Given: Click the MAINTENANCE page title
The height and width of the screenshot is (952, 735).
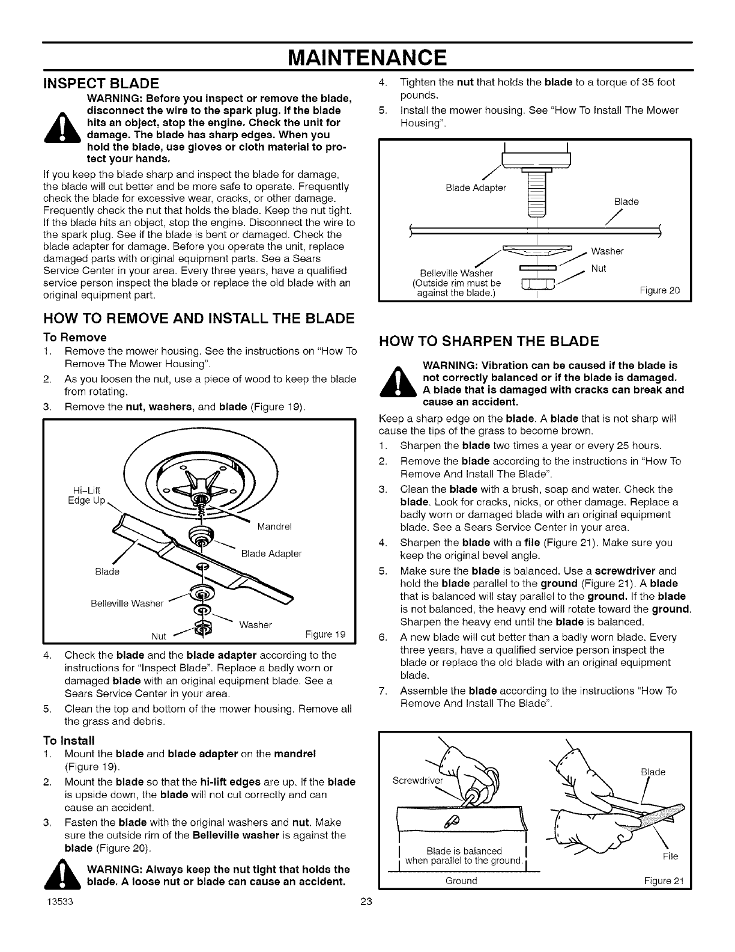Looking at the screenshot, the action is pyautogui.click(x=367, y=58).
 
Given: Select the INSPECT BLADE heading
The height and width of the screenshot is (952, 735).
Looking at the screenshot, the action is pyautogui.click(x=101, y=83).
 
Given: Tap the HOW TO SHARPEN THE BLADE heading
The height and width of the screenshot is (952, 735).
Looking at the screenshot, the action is pyautogui.click(x=489, y=341).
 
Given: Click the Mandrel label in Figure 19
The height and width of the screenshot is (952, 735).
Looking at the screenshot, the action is pyautogui.click(x=274, y=527).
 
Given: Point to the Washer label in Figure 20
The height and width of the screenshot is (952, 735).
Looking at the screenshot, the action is pyautogui.click(x=607, y=251).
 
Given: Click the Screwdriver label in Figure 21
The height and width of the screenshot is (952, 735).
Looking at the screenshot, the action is pyautogui.click(x=417, y=781).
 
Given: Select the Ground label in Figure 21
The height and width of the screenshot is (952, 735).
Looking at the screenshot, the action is pyautogui.click(x=461, y=880).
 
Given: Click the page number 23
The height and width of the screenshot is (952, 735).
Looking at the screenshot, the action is pyautogui.click(x=367, y=902).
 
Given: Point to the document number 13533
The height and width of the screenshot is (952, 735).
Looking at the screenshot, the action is pyautogui.click(x=58, y=902).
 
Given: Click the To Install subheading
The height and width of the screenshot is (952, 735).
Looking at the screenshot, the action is pyautogui.click(x=69, y=740).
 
